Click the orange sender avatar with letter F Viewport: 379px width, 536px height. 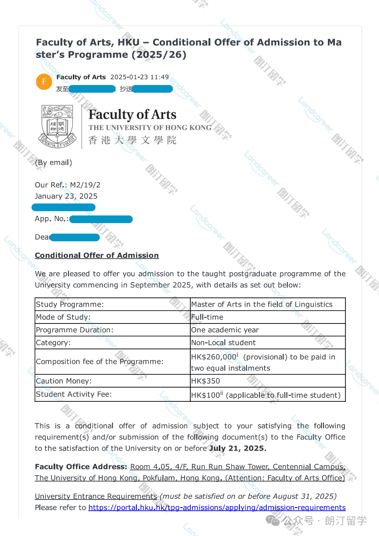click(x=44, y=82)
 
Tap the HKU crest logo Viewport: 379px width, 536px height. click(x=57, y=126)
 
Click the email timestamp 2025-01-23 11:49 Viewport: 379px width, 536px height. click(x=139, y=77)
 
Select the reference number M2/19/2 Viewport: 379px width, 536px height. click(x=85, y=185)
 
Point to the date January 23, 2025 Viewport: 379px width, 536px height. click(x=66, y=196)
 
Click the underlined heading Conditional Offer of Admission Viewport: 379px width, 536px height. click(x=97, y=255)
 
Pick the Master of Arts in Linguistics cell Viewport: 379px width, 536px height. click(x=262, y=304)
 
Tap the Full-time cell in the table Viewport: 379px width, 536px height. click(x=207, y=317)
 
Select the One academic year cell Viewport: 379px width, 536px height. click(x=225, y=330)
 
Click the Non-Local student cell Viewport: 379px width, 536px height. click(x=223, y=343)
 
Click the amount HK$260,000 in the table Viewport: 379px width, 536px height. click(x=213, y=357)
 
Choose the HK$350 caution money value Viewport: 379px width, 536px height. click(x=205, y=381)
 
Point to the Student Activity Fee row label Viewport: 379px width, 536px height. click(x=74, y=394)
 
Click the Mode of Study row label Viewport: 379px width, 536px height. click(x=63, y=317)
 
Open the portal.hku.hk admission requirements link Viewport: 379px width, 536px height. click(x=217, y=508)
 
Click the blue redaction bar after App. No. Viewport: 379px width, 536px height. click(x=101, y=219)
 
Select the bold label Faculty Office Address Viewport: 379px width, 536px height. click(x=81, y=467)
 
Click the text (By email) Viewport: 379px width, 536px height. click(x=54, y=163)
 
